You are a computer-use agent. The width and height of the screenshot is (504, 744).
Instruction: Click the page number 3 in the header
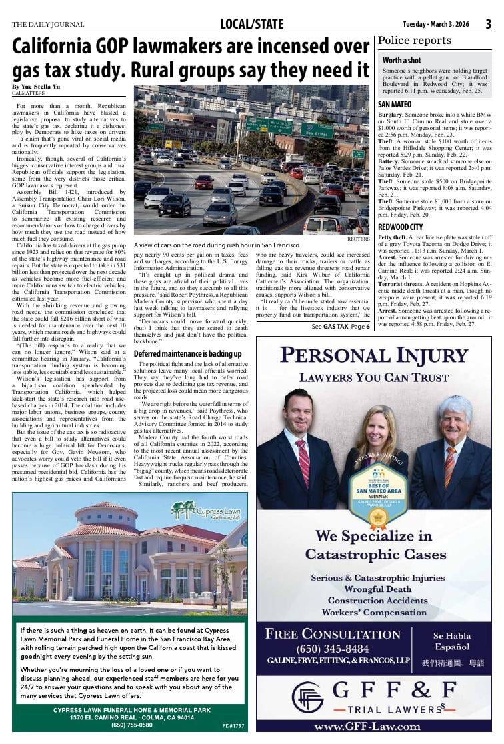[488, 25]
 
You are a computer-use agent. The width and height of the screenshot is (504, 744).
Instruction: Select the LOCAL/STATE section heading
[251, 25]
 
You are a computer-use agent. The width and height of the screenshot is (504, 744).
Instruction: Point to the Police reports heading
[414, 41]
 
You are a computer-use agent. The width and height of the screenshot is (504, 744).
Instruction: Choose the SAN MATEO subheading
[395, 105]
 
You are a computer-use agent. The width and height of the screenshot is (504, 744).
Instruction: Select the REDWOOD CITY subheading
[400, 227]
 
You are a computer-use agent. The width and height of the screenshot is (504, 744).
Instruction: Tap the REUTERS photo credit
[358, 239]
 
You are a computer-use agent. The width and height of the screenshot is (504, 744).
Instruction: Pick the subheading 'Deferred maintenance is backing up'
[187, 353]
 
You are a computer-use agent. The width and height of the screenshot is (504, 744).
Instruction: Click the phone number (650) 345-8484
[333, 649]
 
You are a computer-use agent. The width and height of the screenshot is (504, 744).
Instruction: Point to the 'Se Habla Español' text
[451, 641]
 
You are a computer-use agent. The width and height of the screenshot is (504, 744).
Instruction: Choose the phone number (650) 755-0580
[131, 725]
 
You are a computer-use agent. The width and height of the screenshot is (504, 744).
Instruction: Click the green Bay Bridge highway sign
[317, 131]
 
